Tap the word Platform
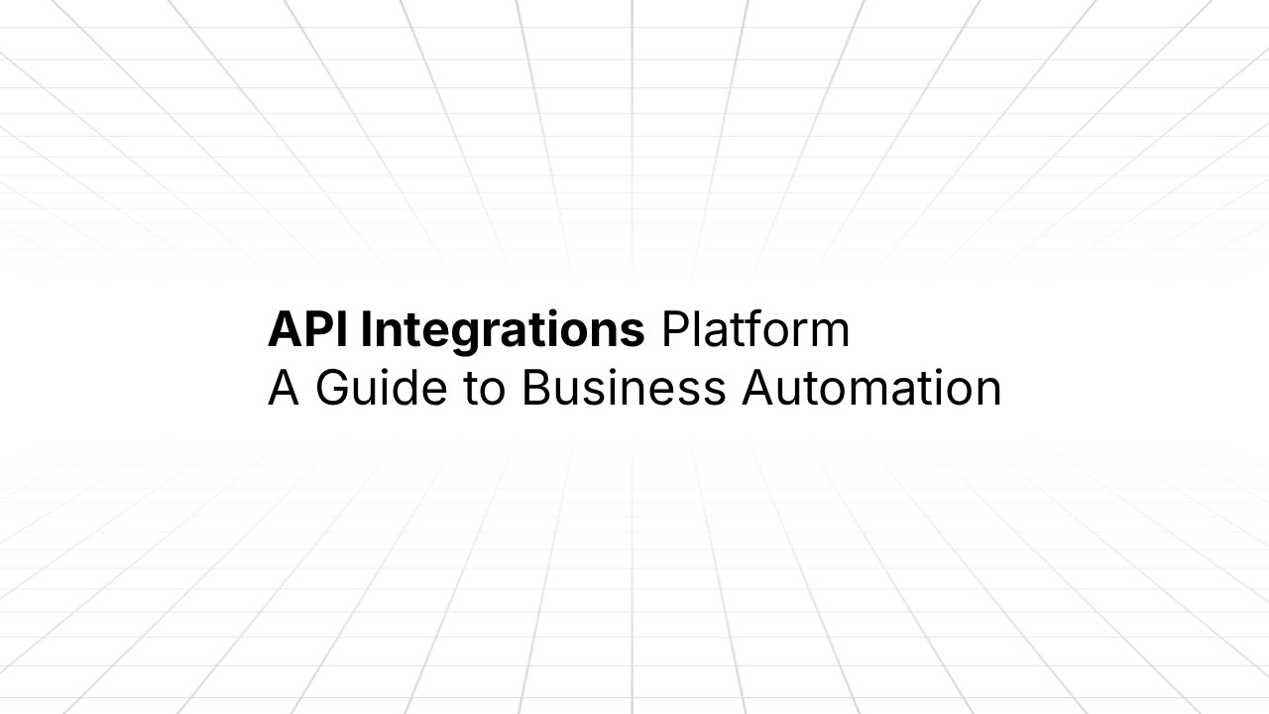755,330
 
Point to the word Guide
381,388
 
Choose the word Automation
871,388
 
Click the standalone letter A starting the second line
283,388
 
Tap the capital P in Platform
675,330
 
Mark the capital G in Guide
334,388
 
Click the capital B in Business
535,388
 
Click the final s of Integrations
634,334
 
